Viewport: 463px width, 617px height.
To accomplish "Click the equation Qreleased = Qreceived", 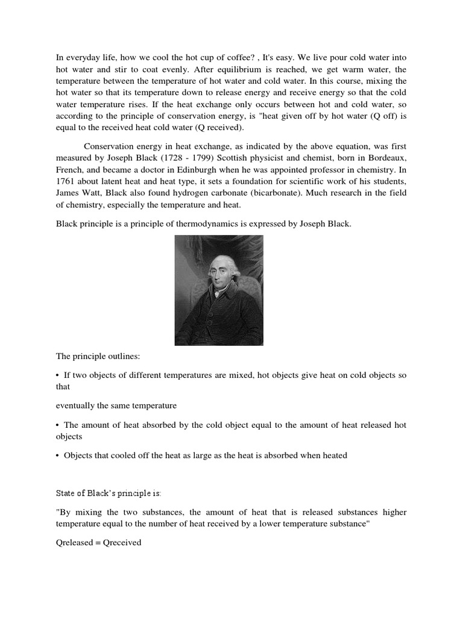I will [x=98, y=543].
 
